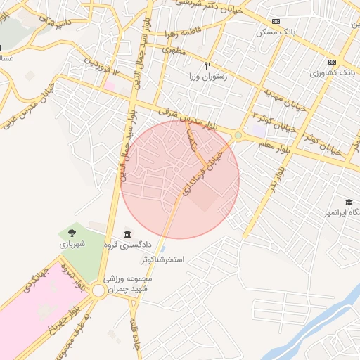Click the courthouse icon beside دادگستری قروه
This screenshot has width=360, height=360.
click(x=127, y=234)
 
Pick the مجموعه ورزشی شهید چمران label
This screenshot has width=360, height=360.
click(x=132, y=283)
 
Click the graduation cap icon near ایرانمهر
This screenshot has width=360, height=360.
click(x=349, y=201)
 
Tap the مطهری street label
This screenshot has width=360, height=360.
click(x=174, y=50)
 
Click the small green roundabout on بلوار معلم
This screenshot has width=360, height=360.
click(x=238, y=134)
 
